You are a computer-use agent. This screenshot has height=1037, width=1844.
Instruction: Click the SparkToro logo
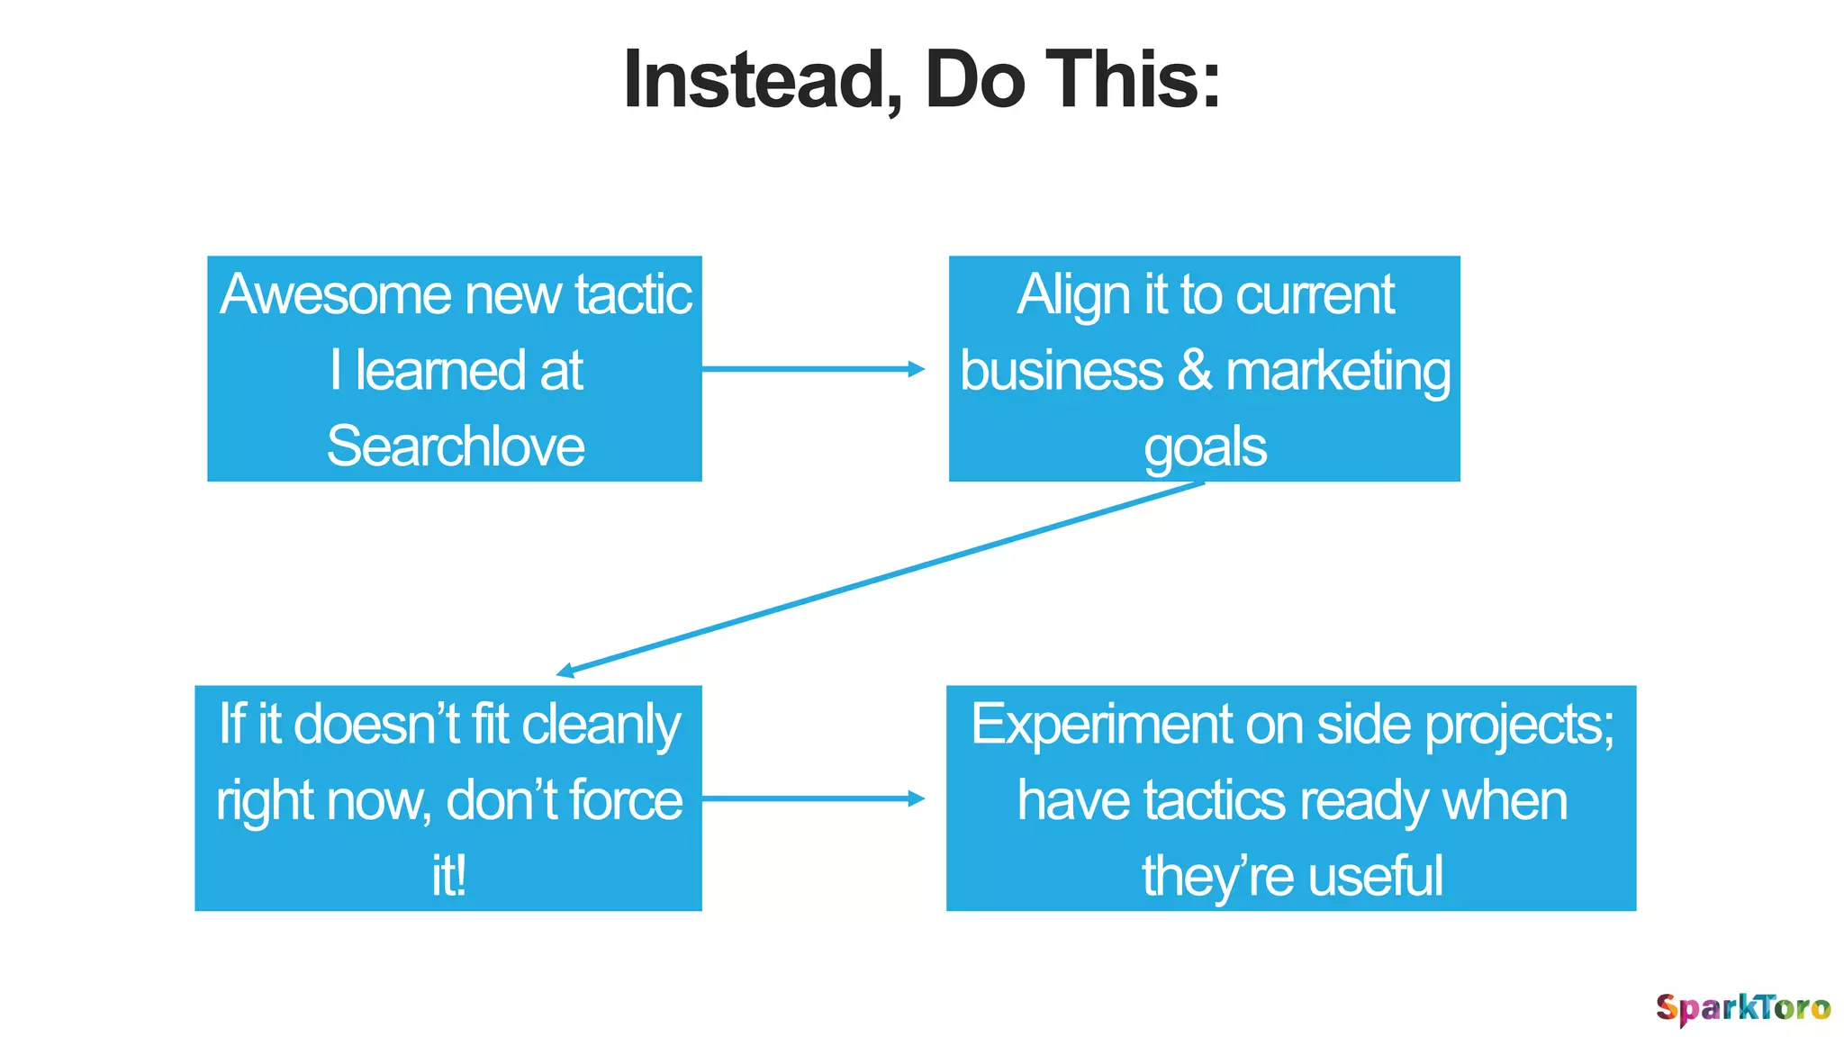1742,1008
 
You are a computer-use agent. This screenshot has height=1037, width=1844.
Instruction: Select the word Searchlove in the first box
456,446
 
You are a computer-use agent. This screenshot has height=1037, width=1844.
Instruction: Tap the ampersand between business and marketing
1195,370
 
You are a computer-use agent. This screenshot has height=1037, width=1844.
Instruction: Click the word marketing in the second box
1338,371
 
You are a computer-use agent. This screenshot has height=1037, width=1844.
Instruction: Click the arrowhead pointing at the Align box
916,369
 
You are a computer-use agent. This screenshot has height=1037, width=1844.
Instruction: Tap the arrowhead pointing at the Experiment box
916,798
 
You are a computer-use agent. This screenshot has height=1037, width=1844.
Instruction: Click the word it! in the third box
448,876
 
